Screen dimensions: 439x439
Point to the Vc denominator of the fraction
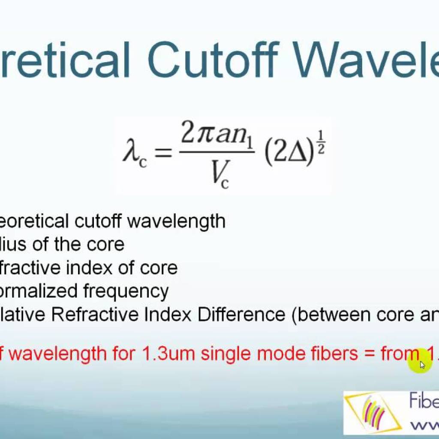pyautogui.click(x=219, y=174)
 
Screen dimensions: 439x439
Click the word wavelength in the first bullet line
pyautogui.click(x=176, y=221)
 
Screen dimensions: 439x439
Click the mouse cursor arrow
pyautogui.click(x=422, y=365)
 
